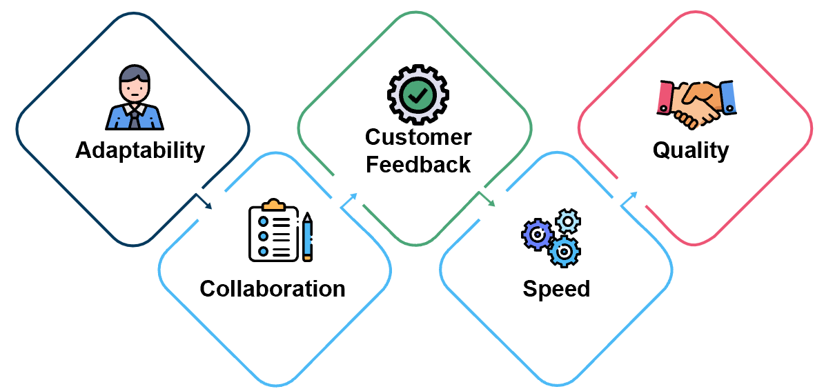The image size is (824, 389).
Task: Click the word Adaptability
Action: (x=140, y=150)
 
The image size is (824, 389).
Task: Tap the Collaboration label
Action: (x=273, y=288)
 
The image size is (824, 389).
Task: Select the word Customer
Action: (x=418, y=137)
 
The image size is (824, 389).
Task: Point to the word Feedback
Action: (x=418, y=165)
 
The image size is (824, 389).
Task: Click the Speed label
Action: (x=556, y=288)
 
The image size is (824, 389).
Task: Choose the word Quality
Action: (x=691, y=150)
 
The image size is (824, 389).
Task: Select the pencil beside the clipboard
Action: (x=306, y=237)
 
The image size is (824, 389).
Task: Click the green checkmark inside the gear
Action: (x=418, y=94)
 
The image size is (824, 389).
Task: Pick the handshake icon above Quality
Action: (x=696, y=103)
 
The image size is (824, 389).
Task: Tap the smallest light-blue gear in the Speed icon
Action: (x=568, y=221)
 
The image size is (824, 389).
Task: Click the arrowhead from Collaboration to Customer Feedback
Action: (x=354, y=197)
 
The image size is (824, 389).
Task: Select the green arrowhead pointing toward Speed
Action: (x=491, y=203)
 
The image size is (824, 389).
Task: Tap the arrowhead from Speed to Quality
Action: (x=634, y=197)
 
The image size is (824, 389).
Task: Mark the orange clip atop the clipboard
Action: (x=274, y=205)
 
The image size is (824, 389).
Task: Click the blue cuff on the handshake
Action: (x=729, y=97)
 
